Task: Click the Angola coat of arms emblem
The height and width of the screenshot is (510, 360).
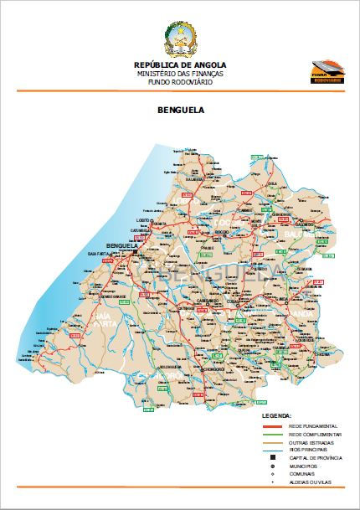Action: pos(180,39)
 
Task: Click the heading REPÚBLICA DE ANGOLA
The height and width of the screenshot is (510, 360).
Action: pos(180,64)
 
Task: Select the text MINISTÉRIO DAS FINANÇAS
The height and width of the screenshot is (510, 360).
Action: pos(180,75)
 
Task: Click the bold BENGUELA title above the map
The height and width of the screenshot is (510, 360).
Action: pos(180,109)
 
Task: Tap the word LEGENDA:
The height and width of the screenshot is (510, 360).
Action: pos(277,415)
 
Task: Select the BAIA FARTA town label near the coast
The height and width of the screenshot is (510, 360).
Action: pos(97,253)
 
